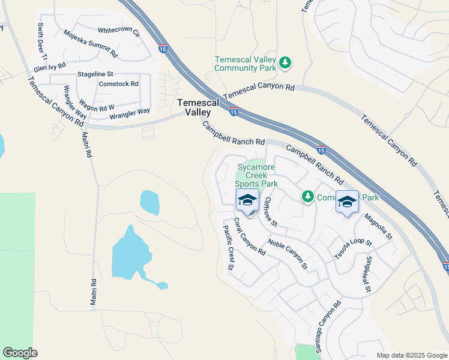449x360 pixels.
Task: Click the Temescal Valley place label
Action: pos(194,107)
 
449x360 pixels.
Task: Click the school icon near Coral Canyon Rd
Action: pos(247,200)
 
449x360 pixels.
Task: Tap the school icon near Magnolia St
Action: pos(346,202)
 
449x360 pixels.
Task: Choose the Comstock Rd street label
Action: pos(119,84)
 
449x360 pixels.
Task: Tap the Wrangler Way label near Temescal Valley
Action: pos(130,112)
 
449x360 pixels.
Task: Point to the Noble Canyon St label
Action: pos(288,253)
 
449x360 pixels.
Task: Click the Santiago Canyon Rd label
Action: pos(328,326)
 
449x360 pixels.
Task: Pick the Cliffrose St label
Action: pos(270,211)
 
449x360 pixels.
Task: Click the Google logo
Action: pos(20,353)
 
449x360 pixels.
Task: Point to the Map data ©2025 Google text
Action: pos(411,355)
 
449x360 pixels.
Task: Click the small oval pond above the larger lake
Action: pos(149,202)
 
